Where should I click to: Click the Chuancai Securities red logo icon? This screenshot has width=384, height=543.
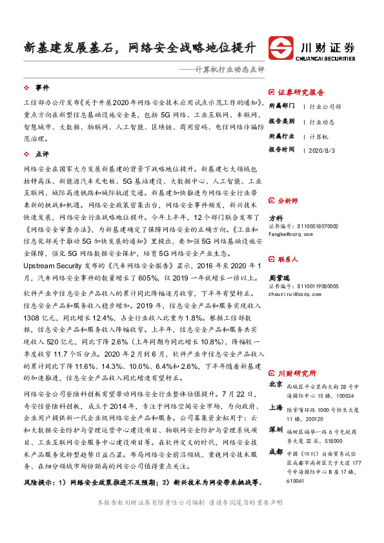[x=281, y=48]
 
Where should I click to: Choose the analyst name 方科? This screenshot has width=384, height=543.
[x=276, y=218]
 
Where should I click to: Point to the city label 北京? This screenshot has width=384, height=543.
[x=276, y=384]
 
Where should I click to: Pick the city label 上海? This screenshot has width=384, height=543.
[x=276, y=407]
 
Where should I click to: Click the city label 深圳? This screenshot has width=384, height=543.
[x=276, y=429]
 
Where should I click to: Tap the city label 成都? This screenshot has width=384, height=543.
[x=276, y=451]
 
